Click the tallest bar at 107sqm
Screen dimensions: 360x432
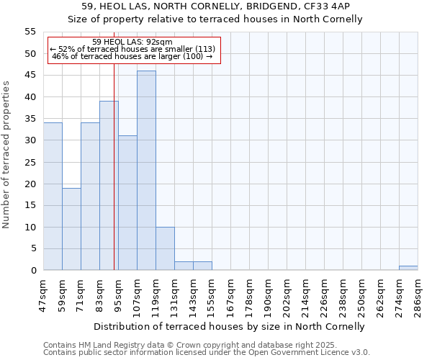tap(146, 171)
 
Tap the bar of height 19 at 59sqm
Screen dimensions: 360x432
tap(71, 229)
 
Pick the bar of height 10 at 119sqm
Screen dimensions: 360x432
tap(165, 249)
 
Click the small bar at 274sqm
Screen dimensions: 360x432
tap(408, 269)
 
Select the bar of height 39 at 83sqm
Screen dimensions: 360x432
tap(109, 186)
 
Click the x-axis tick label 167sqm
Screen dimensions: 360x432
tap(231, 297)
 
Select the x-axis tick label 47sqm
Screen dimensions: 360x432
tap(44, 297)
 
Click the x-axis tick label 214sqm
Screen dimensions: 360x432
tap(306, 297)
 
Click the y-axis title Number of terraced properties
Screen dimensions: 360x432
tap(6, 154)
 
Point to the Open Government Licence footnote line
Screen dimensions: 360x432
tap(207, 352)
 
